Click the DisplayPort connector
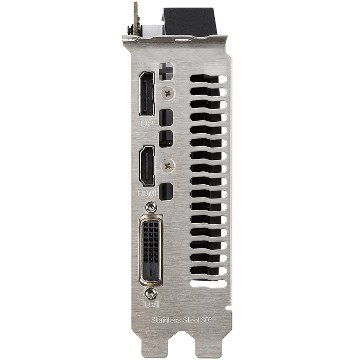pyautogui.click(x=147, y=94)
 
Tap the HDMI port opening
pyautogui.click(x=147, y=166)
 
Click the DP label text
pyautogui.click(x=147, y=123)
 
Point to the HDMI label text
pyautogui.click(x=147, y=193)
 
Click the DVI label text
pyautogui.click(x=151, y=304)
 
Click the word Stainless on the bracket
pyautogui.click(x=166, y=320)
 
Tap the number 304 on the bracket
pyautogui.click(x=207, y=320)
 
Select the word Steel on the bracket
pyautogui.click(x=191, y=320)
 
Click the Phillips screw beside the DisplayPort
pyautogui.click(x=168, y=93)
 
